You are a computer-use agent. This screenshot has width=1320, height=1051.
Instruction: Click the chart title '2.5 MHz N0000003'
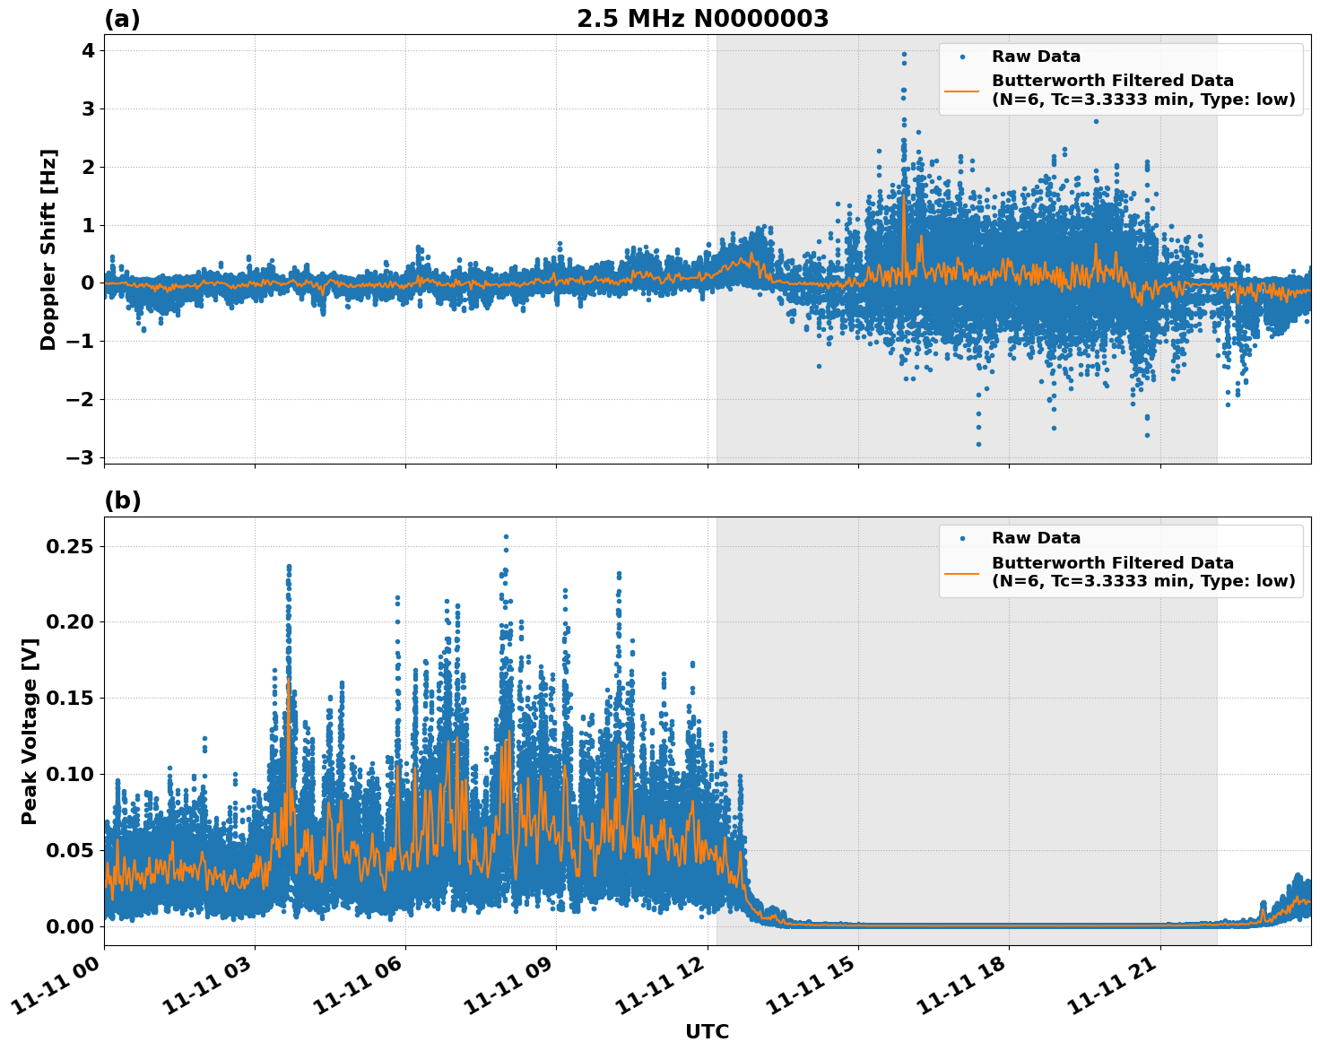[x=702, y=19]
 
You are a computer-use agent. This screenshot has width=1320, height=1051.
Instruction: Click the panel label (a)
[x=122, y=19]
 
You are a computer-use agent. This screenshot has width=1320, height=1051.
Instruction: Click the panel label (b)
[x=122, y=500]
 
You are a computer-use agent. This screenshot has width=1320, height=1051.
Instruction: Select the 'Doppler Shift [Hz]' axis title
[x=48, y=249]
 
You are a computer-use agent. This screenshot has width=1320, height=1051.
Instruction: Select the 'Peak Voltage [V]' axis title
[x=30, y=731]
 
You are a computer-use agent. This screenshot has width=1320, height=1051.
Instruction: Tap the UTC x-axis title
[x=707, y=1031]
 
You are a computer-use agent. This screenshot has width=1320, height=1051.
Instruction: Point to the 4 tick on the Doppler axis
[x=87, y=51]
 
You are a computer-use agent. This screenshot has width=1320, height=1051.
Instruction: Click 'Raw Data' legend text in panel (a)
[x=1036, y=56]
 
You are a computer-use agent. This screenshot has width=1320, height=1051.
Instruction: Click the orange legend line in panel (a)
[x=962, y=90]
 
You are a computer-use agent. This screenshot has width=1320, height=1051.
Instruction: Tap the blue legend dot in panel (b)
[x=962, y=538]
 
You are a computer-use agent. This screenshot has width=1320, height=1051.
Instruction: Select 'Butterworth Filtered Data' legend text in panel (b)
[x=1112, y=563]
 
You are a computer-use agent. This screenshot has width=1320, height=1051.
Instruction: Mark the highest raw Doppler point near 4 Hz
[x=904, y=55]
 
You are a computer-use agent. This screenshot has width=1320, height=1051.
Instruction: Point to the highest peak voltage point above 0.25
[x=506, y=537]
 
